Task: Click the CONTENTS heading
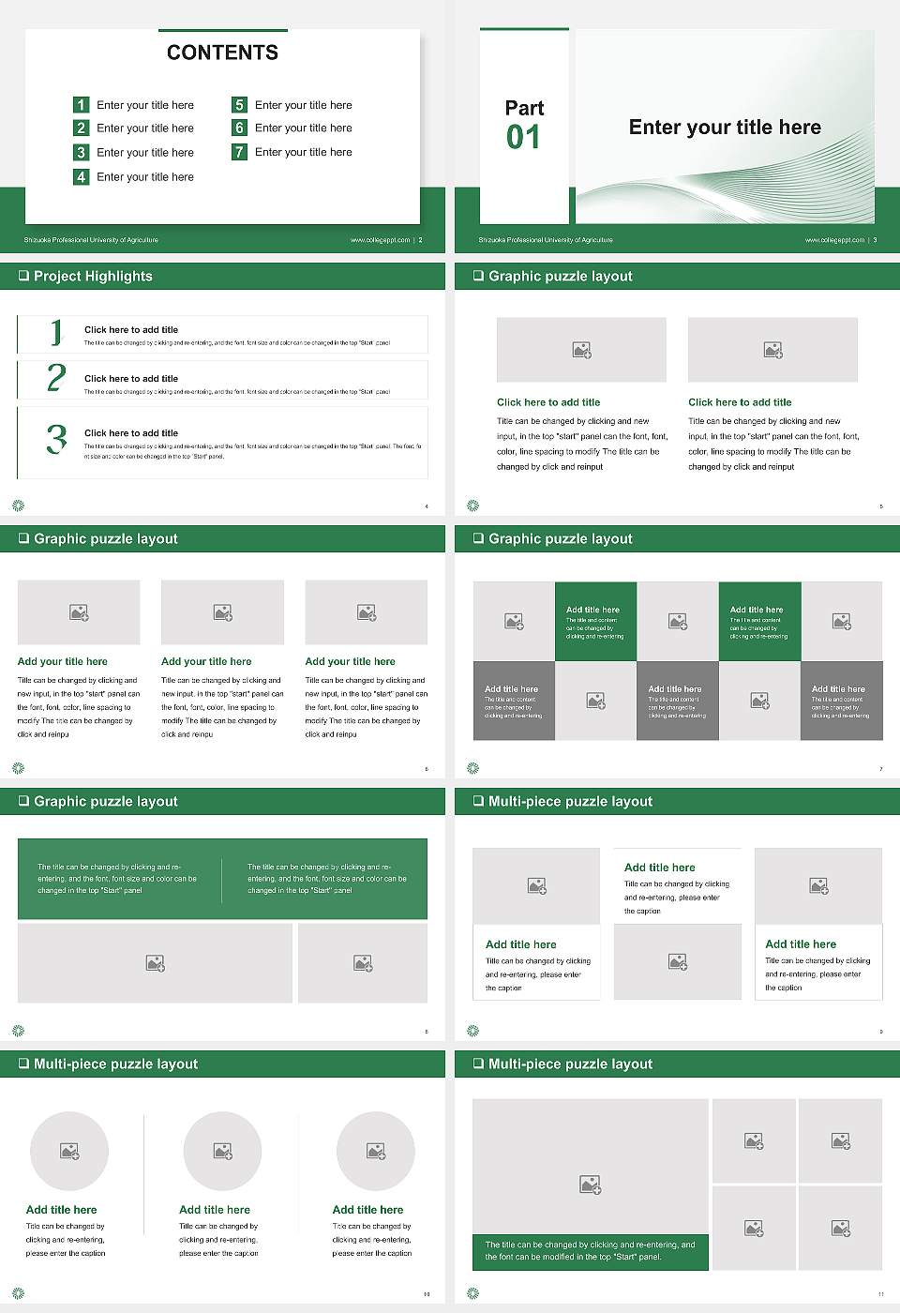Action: [222, 53]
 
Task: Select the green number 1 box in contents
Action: [82, 105]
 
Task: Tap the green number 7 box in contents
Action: [240, 152]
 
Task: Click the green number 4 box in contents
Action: [82, 176]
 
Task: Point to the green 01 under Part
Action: [523, 138]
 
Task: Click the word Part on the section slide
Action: [524, 108]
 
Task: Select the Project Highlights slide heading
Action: [93, 276]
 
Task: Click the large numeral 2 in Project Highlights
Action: [56, 378]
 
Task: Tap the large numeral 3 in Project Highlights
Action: [56, 439]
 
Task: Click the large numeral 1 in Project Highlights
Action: [56, 332]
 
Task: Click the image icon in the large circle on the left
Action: [69, 1151]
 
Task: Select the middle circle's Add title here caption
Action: [215, 1210]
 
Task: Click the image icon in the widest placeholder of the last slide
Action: [590, 1185]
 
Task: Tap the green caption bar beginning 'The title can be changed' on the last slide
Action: [590, 1251]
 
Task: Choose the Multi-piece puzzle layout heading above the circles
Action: [115, 1064]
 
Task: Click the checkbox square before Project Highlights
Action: [23, 276]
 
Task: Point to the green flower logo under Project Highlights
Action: [18, 506]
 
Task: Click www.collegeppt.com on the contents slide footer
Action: [380, 240]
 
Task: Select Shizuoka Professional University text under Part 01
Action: [546, 240]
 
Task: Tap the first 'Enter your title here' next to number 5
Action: [303, 105]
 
